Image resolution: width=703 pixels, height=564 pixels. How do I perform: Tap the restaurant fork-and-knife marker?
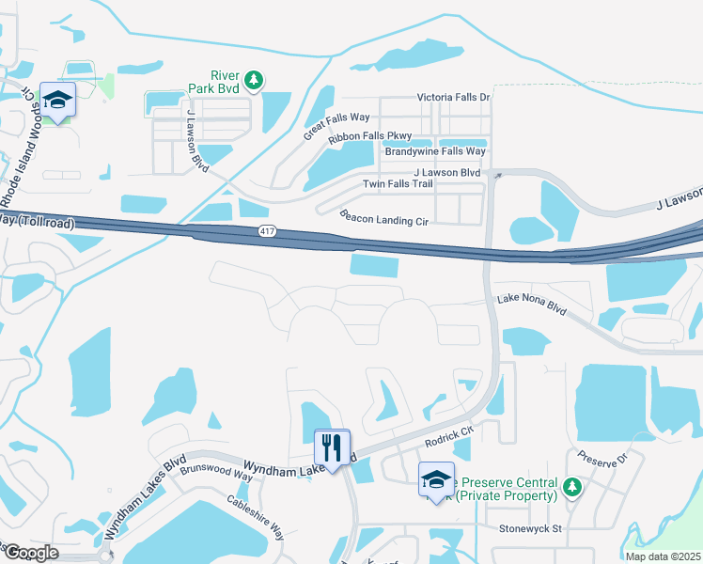tap(331, 447)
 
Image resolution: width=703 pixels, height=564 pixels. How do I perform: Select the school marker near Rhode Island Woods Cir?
tap(57, 102)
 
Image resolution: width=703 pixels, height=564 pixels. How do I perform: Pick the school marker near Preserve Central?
tap(435, 479)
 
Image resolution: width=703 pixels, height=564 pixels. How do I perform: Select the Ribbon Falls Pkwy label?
tap(370, 138)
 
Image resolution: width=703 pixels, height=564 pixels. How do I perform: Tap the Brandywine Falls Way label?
tap(435, 151)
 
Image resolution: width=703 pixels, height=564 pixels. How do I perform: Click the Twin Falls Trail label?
tap(398, 183)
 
